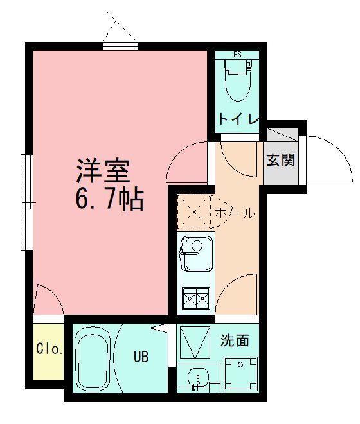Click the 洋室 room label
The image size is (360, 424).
104,170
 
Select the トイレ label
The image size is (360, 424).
238,119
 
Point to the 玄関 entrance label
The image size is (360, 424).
280,160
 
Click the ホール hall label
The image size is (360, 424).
234,213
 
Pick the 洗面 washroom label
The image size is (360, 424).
235,340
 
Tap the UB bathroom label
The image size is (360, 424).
141,357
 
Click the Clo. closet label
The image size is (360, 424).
49,350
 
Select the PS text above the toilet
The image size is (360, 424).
237,55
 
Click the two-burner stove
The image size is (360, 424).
197,297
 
